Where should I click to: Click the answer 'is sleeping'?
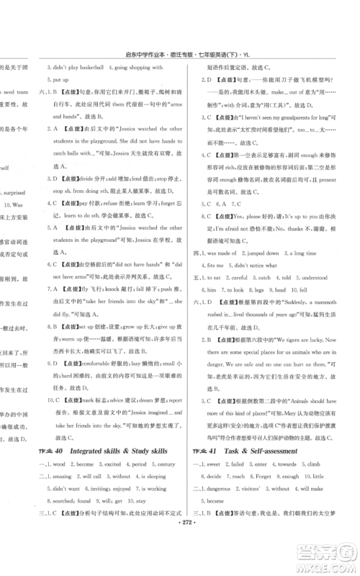tap(161, 477)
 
